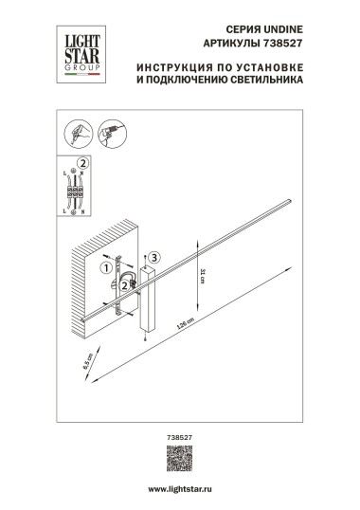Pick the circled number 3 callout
pos(155,256)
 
